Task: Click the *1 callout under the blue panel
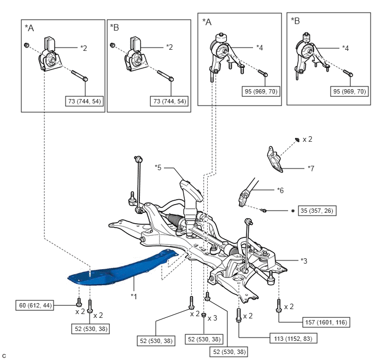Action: click(134, 296)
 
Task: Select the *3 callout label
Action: click(304, 261)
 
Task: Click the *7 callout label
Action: click(311, 167)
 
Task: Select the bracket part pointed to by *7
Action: click(275, 159)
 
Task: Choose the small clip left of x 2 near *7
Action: click(296, 140)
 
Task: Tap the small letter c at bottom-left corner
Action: click(4, 356)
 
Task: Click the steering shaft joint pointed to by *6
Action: click(245, 198)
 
